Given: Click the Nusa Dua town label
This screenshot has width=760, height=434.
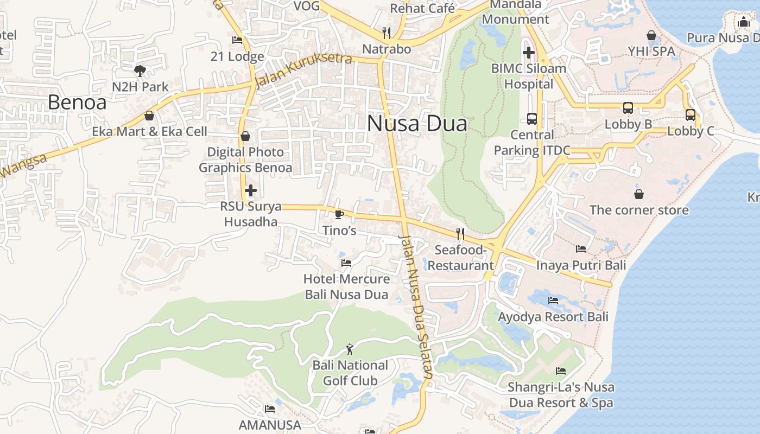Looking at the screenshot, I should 417,124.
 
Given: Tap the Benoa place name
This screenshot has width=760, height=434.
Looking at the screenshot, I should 77,102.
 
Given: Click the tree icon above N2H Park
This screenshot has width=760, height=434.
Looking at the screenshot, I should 140,71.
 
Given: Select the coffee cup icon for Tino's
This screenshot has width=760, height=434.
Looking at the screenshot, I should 339,214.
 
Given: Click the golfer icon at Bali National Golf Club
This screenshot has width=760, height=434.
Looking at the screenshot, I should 350,349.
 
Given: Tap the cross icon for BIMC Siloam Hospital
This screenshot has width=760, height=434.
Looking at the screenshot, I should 528,53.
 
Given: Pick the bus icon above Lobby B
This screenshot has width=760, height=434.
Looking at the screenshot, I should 628,108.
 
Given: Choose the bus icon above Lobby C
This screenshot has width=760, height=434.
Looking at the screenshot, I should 691,115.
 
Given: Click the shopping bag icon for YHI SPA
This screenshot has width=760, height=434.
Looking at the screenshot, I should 651,35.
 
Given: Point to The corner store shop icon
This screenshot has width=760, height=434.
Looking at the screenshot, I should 639,194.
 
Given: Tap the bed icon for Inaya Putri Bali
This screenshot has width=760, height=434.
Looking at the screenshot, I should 581,249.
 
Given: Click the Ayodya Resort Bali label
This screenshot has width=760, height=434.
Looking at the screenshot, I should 553,317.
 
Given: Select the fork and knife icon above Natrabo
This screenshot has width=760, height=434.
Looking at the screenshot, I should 387,33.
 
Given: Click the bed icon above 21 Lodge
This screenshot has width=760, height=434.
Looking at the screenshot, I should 237,40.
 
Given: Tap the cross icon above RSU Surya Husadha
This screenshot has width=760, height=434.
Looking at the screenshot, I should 251,190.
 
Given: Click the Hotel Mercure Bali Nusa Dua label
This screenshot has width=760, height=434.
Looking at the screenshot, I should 346,287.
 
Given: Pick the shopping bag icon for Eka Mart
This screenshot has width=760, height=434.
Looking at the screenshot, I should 149,116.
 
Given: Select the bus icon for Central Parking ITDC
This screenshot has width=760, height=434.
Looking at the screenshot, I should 532,118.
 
